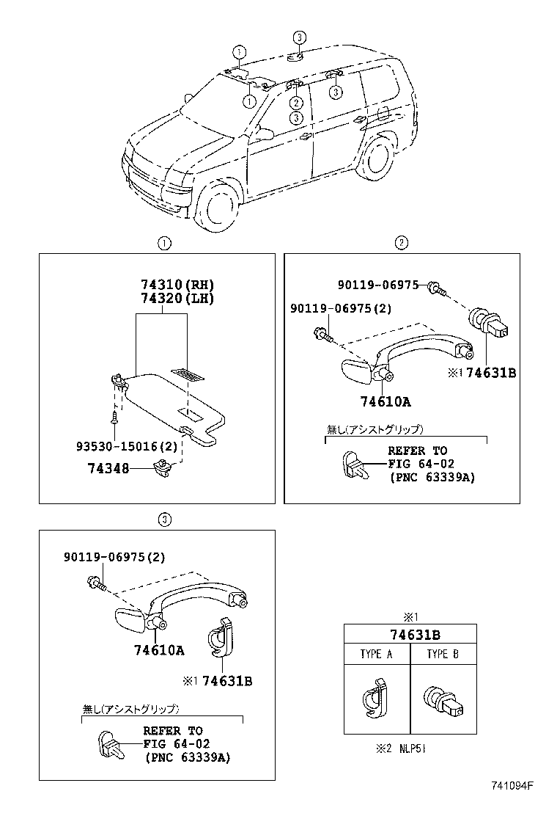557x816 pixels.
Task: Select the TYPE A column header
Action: (376, 655)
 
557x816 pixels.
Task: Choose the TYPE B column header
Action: (443, 655)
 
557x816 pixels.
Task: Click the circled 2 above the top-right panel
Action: (401, 243)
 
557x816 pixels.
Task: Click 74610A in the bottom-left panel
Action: (159, 650)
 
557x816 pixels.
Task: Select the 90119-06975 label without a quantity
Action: (379, 285)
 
